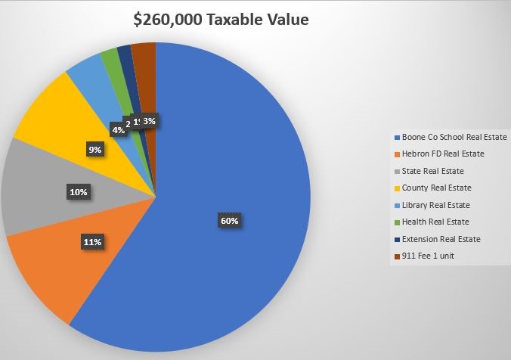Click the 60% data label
(230, 221)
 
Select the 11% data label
(92, 242)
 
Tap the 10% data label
(78, 192)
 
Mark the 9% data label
(94, 150)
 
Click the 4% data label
(119, 129)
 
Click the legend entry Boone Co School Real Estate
(454, 138)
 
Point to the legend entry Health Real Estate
(439, 222)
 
